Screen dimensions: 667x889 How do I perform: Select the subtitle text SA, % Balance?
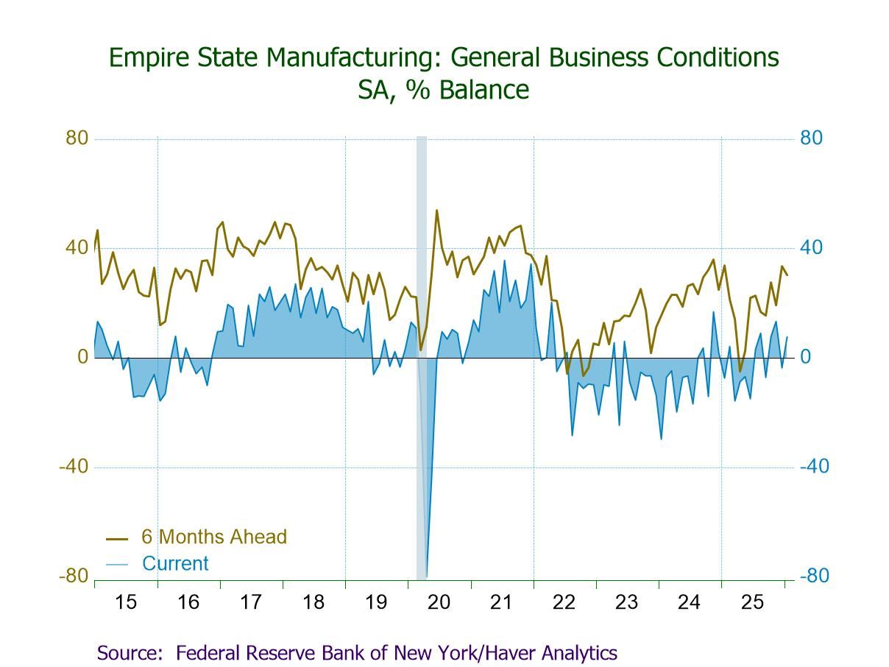[x=443, y=90]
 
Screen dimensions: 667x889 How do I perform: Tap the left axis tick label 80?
[x=77, y=138]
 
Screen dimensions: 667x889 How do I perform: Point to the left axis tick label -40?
[x=73, y=467]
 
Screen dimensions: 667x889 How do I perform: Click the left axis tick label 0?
[x=82, y=357]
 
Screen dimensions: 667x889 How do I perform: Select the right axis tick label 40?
[x=811, y=247]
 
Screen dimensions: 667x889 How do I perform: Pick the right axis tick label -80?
[x=814, y=576]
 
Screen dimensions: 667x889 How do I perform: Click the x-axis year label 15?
[x=126, y=602]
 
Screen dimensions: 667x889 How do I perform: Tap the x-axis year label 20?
[x=439, y=602]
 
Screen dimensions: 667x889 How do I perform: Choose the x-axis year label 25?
[x=752, y=602]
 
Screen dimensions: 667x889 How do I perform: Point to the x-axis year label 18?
[x=314, y=602]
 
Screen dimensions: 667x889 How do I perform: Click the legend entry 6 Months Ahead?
[x=213, y=537]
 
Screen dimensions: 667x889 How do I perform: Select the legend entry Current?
[x=175, y=564]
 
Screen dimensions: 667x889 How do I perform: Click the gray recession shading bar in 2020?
[x=422, y=294]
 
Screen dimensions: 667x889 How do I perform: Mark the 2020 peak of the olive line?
[x=436, y=211]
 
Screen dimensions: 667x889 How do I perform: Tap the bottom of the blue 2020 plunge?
[x=426, y=576]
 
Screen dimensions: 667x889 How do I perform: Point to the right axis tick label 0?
[x=806, y=357]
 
